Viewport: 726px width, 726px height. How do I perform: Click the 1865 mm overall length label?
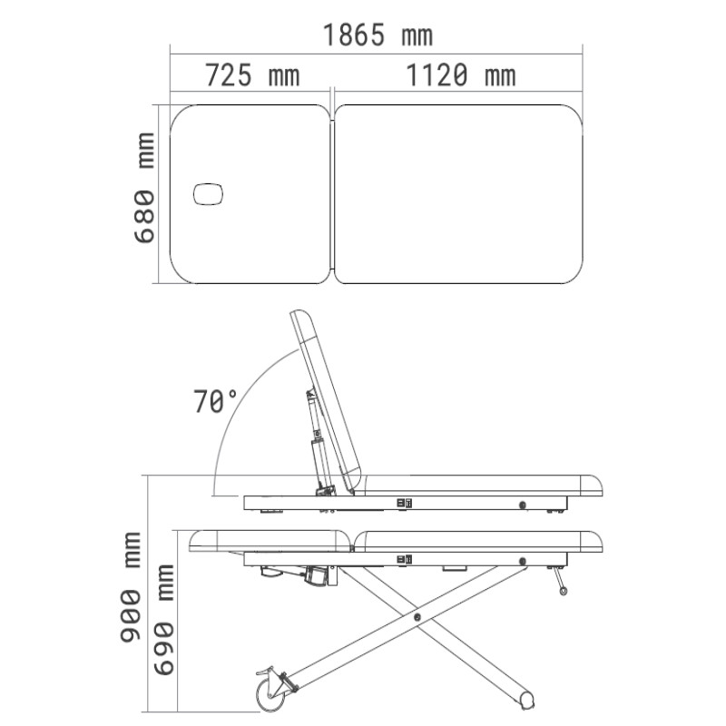point(378,35)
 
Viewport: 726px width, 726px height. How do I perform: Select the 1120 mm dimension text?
point(460,75)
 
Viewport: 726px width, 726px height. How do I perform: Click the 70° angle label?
point(215,401)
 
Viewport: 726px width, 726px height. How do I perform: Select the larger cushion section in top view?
point(458,193)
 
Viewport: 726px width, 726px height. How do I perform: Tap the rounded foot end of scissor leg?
point(525,700)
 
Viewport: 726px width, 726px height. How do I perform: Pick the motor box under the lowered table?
point(318,574)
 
